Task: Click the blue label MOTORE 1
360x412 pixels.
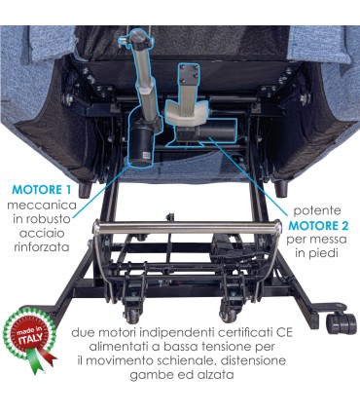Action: pos(41,190)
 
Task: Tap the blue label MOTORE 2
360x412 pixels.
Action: pos(318,225)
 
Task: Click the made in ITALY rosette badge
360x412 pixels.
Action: pos(29,340)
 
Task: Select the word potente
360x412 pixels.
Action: pos(317,211)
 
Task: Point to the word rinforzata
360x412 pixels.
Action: pos(42,247)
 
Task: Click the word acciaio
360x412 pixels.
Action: pos(42,233)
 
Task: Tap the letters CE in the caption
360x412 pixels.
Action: pos(284,333)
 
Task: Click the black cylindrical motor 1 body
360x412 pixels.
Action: pos(140,142)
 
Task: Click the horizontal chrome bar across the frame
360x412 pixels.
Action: pos(188,227)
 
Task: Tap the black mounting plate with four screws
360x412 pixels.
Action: pos(189,73)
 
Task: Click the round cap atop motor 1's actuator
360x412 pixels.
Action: pos(137,35)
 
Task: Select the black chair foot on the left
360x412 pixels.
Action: pos(85,189)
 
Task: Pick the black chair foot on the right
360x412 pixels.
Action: pos(281,188)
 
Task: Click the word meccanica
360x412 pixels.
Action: pos(42,205)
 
